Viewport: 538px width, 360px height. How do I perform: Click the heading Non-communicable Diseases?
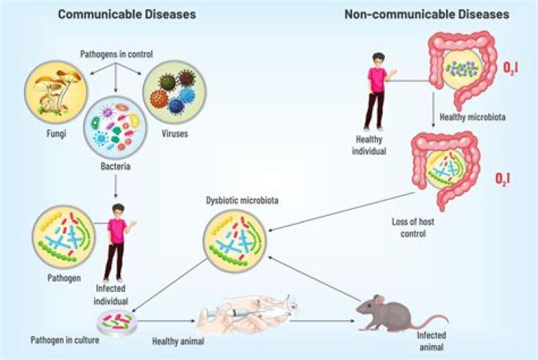[x=427, y=13]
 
